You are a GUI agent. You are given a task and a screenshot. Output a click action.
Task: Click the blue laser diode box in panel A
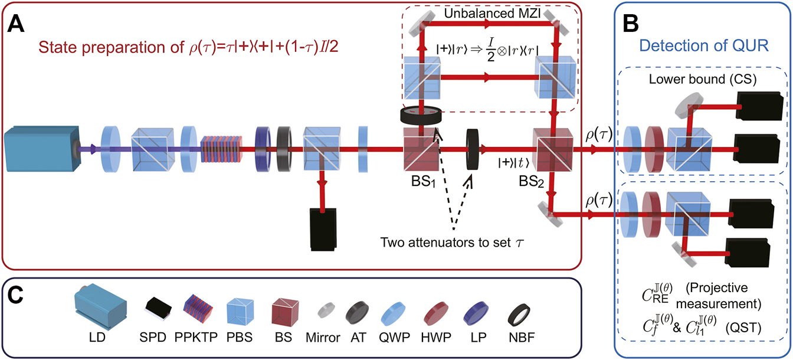pos(38,149)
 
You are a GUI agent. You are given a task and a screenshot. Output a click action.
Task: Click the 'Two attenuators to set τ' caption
pos(453,241)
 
